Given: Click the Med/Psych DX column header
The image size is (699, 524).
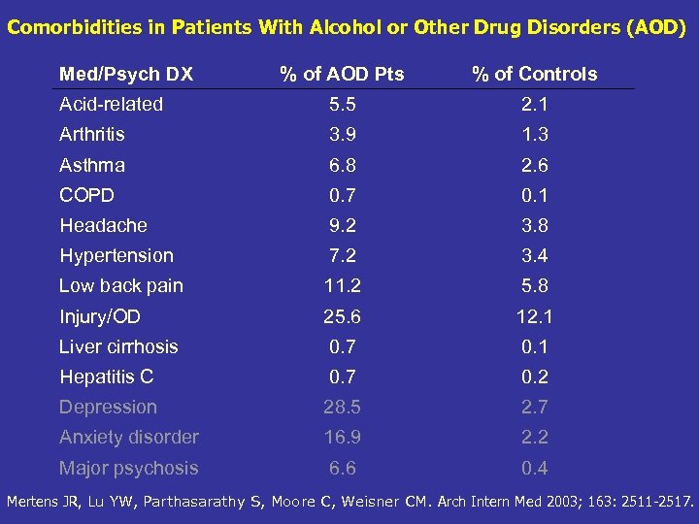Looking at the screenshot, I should click(x=125, y=74).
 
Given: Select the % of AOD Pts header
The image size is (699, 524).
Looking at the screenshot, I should click(x=342, y=74).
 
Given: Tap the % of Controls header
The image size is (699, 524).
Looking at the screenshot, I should click(x=534, y=74).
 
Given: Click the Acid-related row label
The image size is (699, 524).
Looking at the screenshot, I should click(x=111, y=104).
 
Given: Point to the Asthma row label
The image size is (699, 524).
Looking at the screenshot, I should click(x=91, y=165).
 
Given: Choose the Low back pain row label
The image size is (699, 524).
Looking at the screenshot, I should click(x=120, y=286).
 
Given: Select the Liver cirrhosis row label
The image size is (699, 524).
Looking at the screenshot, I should click(x=118, y=346).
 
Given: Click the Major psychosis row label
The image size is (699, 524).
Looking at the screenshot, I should click(x=128, y=468).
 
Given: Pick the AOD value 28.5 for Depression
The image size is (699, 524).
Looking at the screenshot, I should click(x=342, y=408).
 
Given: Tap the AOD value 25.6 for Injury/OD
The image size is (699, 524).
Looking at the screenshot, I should click(x=342, y=316).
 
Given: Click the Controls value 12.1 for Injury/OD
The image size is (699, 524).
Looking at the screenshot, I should click(x=534, y=316).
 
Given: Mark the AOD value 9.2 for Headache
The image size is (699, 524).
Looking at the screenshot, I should click(x=342, y=225).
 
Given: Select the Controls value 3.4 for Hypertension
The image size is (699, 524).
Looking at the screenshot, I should click(x=534, y=256).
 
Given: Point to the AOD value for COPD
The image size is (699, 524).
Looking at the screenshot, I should click(x=342, y=195).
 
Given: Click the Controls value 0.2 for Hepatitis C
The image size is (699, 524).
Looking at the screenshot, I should click(x=534, y=377).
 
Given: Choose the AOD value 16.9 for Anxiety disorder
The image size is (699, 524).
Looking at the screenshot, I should click(x=342, y=438).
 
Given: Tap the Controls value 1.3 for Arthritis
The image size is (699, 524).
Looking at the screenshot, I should click(x=534, y=134).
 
